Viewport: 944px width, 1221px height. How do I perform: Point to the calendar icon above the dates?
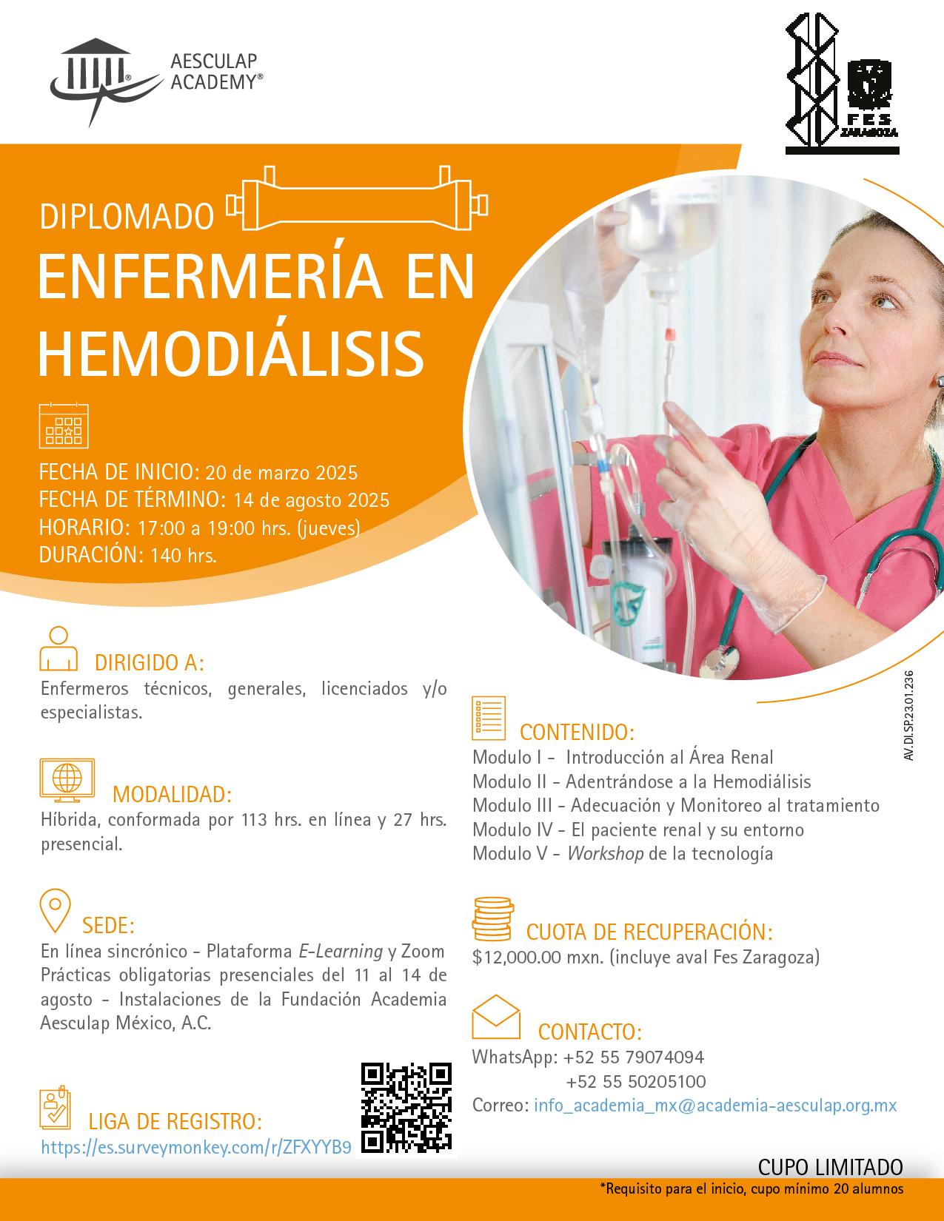[64, 425]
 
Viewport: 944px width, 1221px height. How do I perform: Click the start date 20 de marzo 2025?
[281, 472]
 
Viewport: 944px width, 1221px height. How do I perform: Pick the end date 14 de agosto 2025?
[311, 500]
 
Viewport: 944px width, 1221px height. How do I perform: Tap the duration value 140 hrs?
[184, 556]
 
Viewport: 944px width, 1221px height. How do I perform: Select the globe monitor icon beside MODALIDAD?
[67, 781]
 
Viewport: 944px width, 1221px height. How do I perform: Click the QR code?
[406, 1108]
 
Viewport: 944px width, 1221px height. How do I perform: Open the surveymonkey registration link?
[196, 1147]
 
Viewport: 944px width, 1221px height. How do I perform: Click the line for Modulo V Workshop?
[623, 853]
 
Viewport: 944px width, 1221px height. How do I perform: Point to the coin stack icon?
[492, 917]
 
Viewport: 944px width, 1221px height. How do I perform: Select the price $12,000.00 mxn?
[538, 957]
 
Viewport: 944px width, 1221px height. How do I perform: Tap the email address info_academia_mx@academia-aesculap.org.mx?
[715, 1106]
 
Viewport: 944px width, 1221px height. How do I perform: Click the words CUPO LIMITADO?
[831, 1167]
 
